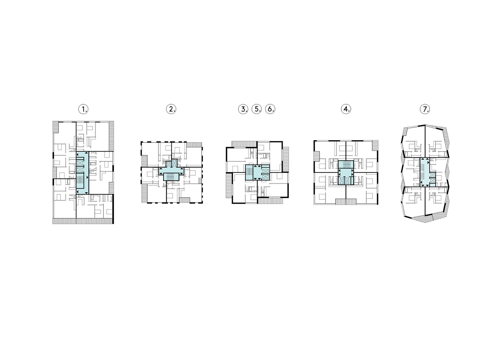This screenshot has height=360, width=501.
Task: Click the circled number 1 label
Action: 83,109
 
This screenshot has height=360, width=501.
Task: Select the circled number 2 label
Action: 171,109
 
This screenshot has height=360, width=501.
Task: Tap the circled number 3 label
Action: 243,109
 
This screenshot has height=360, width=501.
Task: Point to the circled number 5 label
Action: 257,109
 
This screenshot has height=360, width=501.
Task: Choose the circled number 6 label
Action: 270,109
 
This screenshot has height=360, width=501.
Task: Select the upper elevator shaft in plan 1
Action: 80,163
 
